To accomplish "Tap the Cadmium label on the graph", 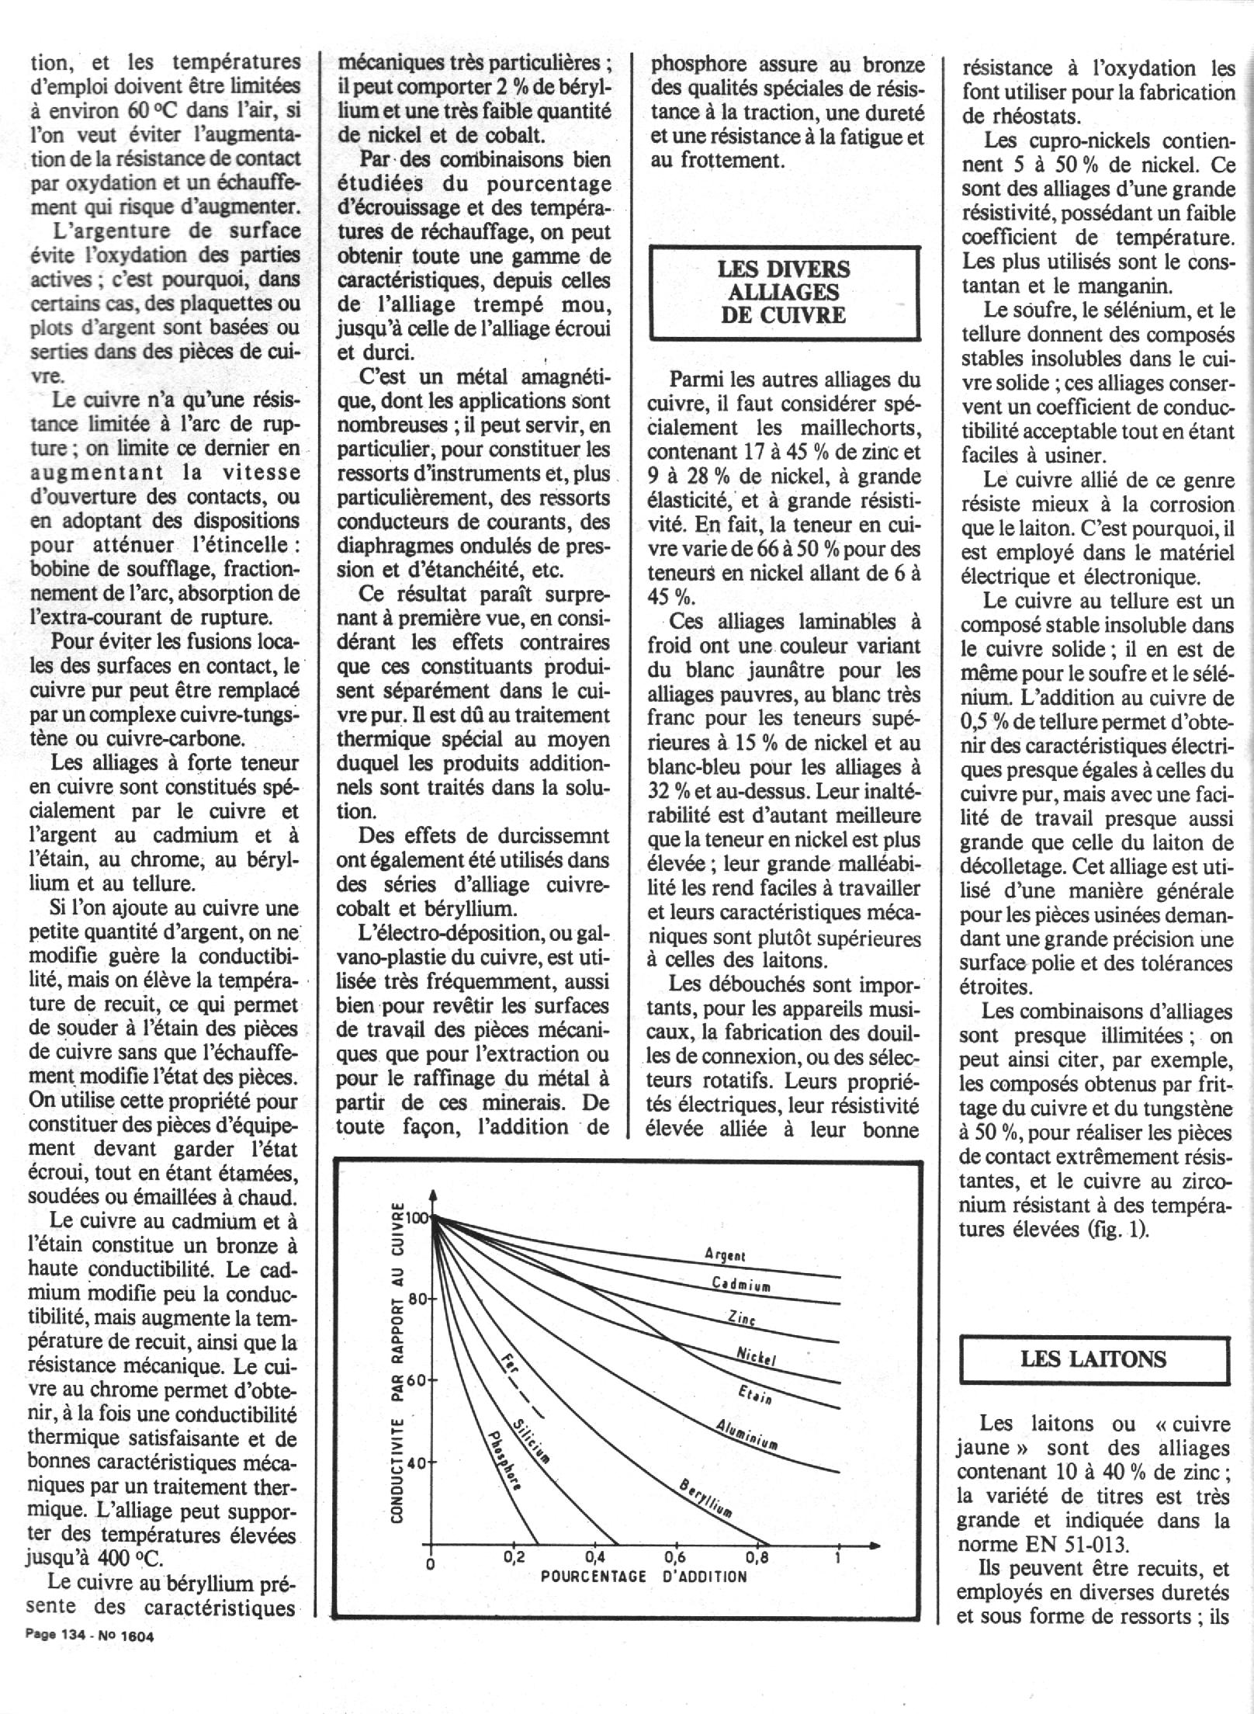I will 741,1285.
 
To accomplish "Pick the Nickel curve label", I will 756,1357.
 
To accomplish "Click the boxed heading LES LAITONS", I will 1093,1358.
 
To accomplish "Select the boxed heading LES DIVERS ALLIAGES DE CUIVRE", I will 784,292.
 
